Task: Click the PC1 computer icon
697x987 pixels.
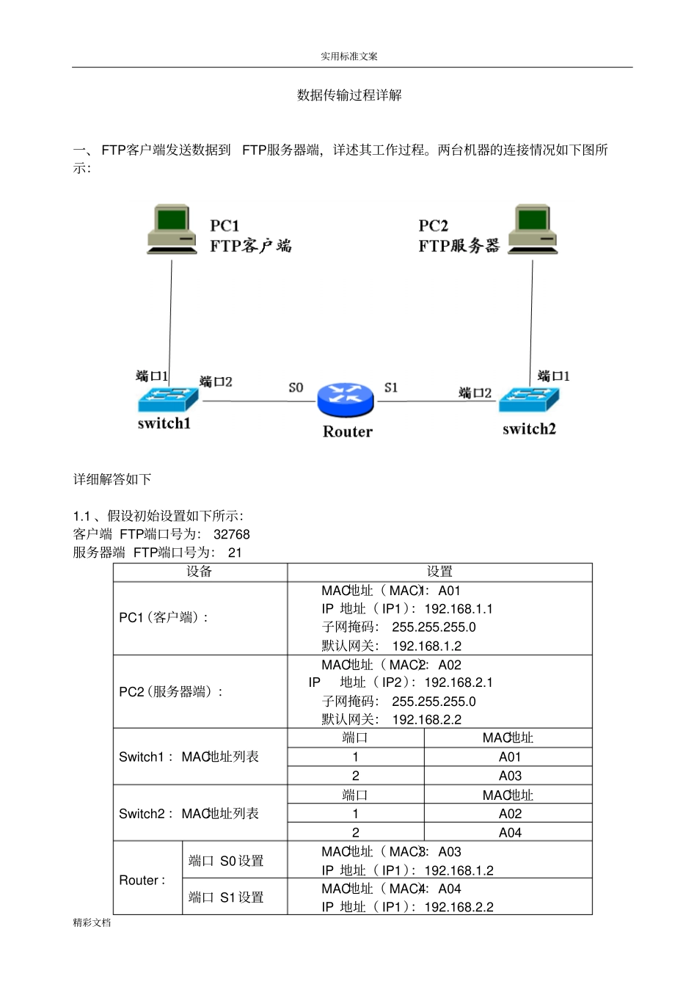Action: pos(172,229)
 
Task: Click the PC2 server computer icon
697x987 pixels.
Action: pos(533,229)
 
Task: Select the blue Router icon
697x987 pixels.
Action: pos(346,400)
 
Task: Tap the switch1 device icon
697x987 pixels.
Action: pos(168,399)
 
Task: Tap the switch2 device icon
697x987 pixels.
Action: pos(529,399)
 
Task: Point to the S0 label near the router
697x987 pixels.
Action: pos(296,387)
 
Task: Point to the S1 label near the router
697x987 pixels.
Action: pos(391,387)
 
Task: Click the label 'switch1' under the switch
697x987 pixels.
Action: pos(164,423)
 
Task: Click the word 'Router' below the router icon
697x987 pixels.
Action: pos(348,431)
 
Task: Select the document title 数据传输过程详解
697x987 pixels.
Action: pos(349,95)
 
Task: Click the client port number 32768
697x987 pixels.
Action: pos(232,534)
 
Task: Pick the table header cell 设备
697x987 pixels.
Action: pos(199,572)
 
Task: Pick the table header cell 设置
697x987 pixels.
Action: pos(439,572)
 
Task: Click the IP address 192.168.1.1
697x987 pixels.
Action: pos(459,609)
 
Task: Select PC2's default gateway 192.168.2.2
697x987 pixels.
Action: pos(427,720)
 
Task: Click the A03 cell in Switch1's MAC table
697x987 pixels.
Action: pos(510,776)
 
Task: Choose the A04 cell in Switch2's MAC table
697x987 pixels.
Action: pos(510,832)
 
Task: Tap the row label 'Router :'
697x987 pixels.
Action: pos(142,880)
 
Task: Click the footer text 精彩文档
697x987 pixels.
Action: pos(92,922)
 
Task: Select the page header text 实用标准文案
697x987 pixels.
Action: pos(349,57)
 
